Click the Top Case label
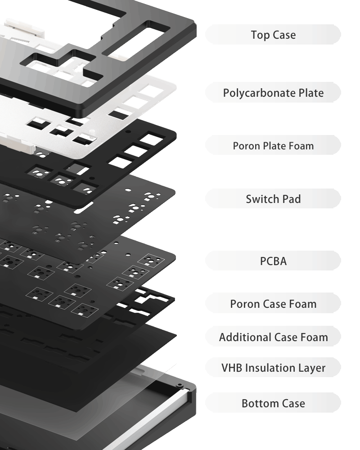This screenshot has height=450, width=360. tap(273, 35)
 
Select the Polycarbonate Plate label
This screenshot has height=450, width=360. tap(273, 93)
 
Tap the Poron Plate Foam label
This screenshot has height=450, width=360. tap(273, 146)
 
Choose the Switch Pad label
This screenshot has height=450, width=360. tap(273, 199)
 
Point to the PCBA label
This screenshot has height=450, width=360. tap(273, 261)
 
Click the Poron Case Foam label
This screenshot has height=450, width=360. tap(273, 304)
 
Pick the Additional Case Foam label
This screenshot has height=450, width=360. tap(273, 337)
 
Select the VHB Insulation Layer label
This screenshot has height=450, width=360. tap(273, 368)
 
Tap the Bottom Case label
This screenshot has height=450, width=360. tap(273, 403)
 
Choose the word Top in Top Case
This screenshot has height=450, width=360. tap(259, 35)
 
